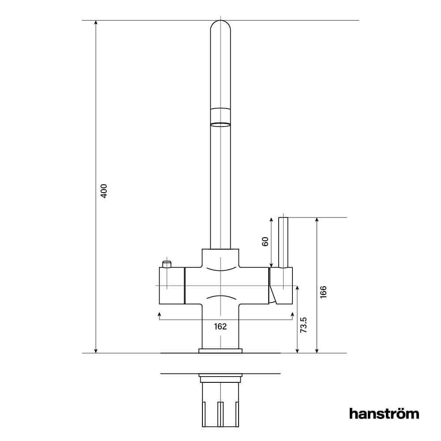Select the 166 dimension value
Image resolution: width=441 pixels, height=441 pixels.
pos(323,292)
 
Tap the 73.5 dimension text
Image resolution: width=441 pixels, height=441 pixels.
pos(304,325)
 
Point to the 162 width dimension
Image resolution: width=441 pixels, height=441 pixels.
pos(220,327)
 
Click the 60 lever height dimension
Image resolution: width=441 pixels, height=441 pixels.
pos(265,242)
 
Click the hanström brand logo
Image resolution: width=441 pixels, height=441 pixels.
pos(384,413)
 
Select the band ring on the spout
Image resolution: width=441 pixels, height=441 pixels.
pos(220,124)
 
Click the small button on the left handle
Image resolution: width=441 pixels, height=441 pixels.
pos(167,264)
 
